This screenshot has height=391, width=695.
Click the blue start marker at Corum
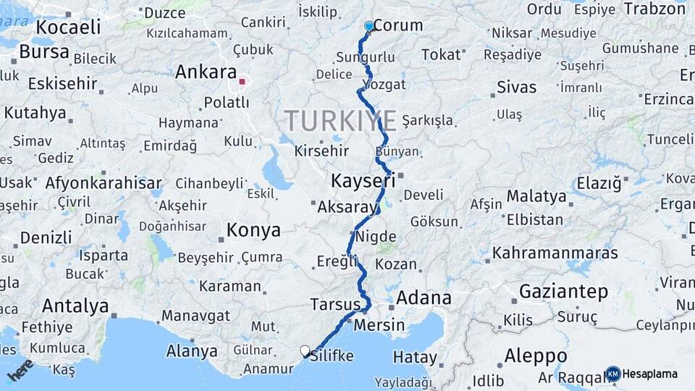coord(369,27)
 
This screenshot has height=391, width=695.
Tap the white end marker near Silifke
coord(306,351)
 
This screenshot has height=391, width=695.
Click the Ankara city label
coord(206,72)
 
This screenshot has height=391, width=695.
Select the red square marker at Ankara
coord(242,82)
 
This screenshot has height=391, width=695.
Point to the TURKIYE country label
coord(340,120)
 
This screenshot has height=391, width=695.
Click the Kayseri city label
coord(363,180)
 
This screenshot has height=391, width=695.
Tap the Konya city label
coord(253,231)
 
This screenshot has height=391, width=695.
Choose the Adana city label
coord(424,298)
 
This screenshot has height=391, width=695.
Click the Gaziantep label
coord(563,292)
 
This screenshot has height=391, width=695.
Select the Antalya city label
coord(75,305)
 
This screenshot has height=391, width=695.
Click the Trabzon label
coord(654,9)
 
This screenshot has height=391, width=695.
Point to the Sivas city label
coord(517,88)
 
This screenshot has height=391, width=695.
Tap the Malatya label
coord(536,196)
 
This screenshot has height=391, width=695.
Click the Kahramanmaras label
coord(555,253)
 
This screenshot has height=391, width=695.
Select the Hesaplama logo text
coord(649,374)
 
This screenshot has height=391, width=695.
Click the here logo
coord(20,370)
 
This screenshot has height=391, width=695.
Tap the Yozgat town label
coord(385,84)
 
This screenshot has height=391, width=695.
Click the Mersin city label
coord(379,325)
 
